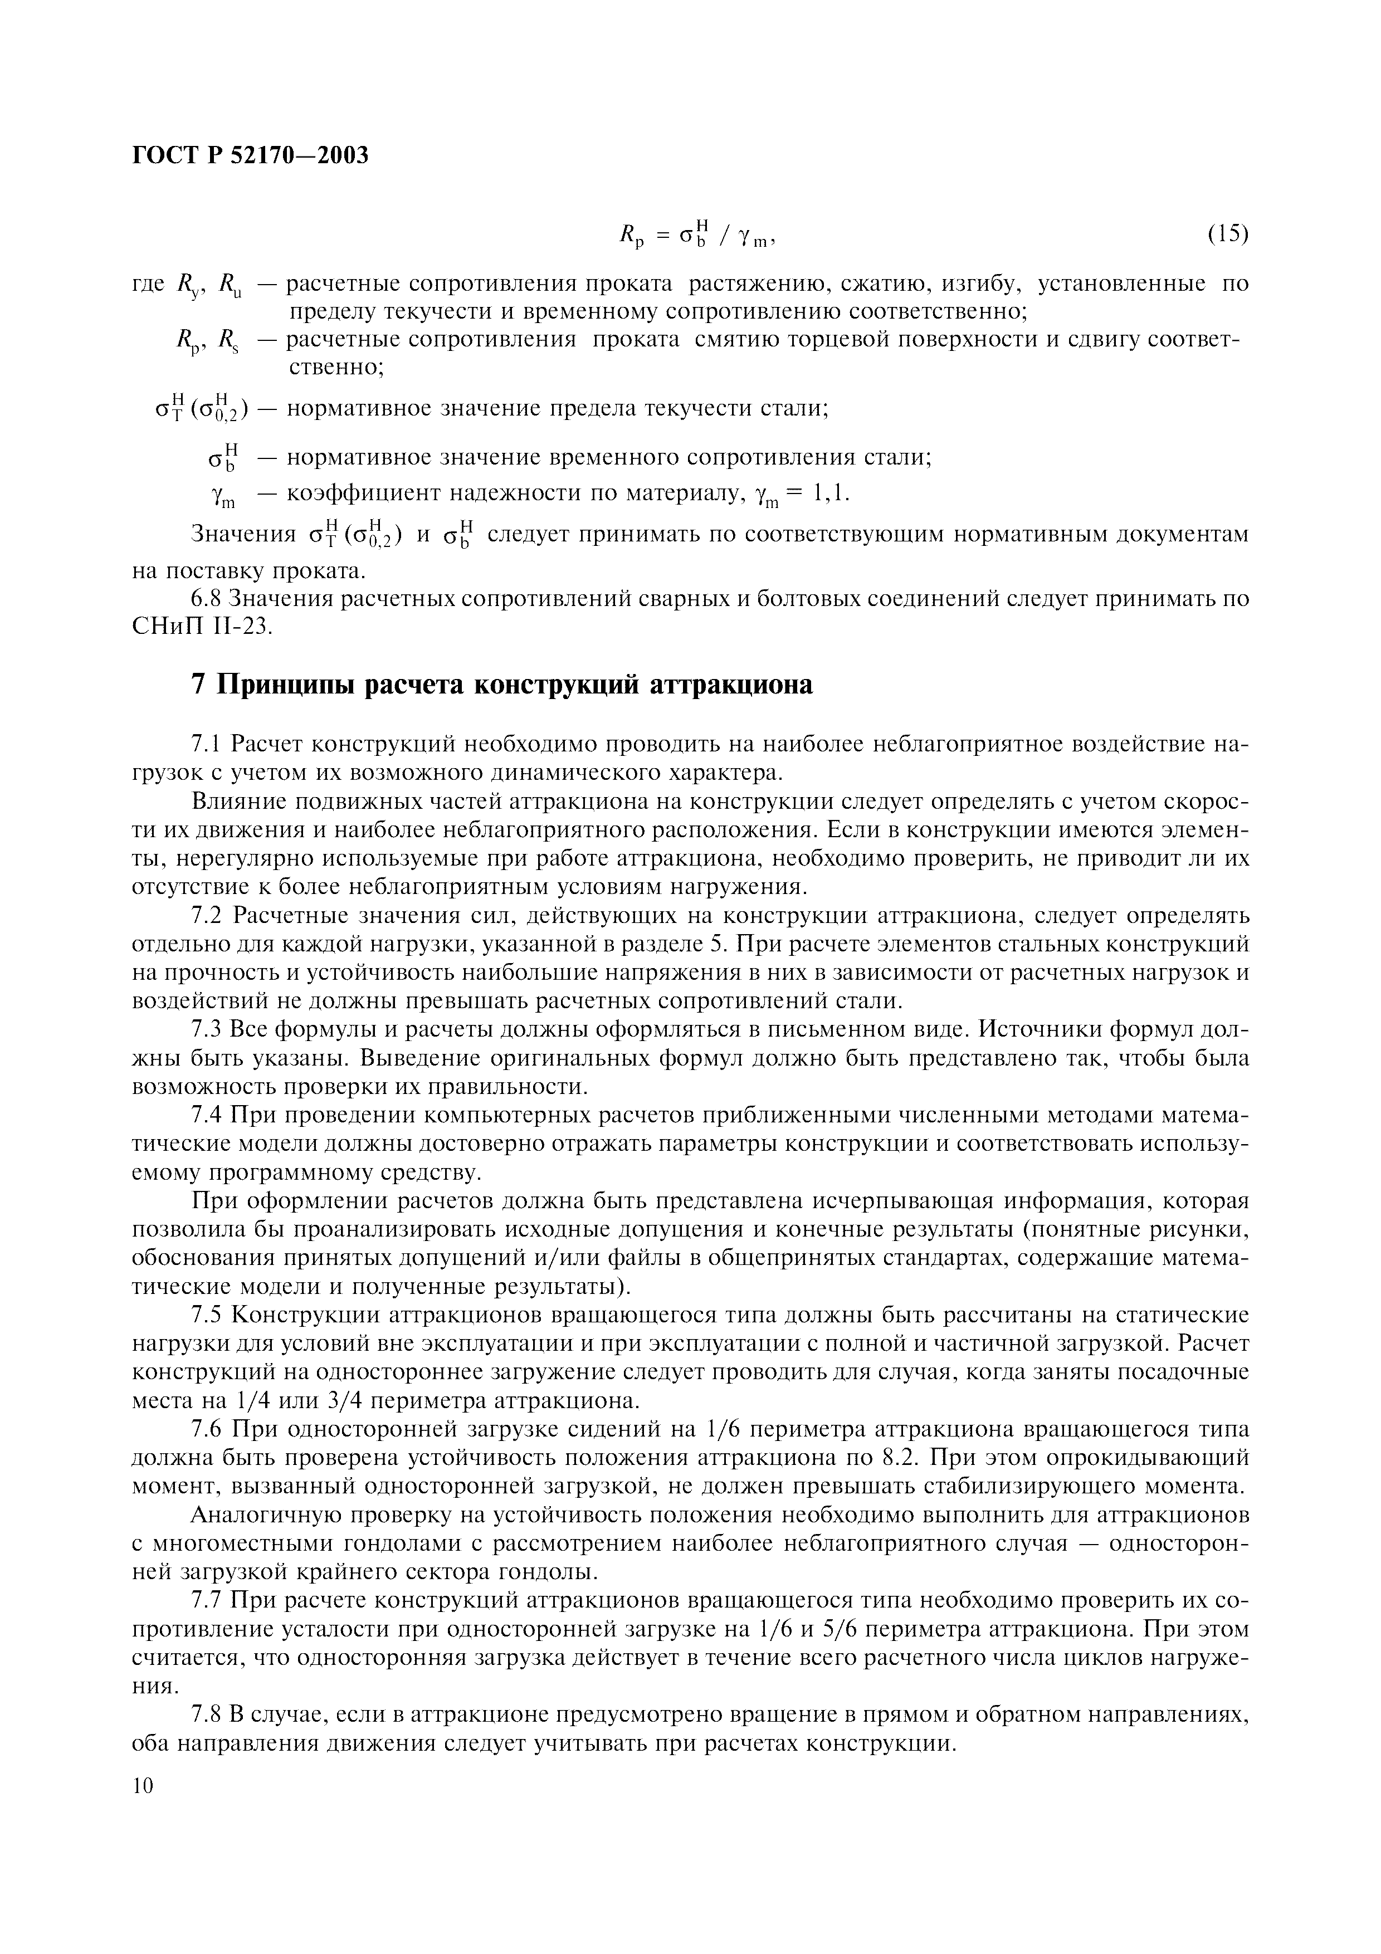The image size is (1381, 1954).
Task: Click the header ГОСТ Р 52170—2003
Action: pyautogui.click(x=251, y=156)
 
